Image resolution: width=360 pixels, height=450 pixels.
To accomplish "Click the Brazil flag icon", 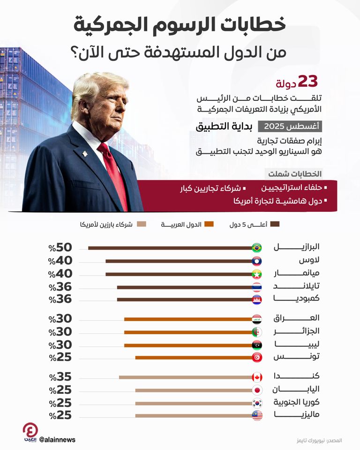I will point(257,247).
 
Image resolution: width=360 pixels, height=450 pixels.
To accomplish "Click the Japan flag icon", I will point(257,390).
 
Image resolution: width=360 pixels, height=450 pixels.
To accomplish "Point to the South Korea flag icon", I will point(257,403).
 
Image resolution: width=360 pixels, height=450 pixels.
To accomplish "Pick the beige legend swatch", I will point(142,225).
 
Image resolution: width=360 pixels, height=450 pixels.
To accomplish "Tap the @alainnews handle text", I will point(57,440).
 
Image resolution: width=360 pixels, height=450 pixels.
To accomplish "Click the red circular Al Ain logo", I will point(31,431).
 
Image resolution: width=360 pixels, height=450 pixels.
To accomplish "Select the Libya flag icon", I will point(257,345).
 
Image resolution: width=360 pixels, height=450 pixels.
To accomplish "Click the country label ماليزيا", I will point(303,415).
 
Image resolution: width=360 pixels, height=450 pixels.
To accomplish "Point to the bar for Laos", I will point(179,261).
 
